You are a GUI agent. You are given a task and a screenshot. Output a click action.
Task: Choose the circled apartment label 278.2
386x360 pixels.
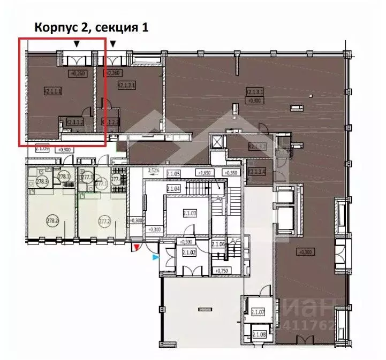click(52, 219)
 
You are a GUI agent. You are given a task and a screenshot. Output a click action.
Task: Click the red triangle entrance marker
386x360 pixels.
click(137, 247)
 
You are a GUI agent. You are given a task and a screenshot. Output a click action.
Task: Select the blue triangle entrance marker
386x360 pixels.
click(156, 257)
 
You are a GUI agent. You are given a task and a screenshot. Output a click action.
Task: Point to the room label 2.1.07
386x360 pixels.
click(259, 312)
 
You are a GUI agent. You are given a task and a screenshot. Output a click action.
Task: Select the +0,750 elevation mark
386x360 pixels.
click(221, 271)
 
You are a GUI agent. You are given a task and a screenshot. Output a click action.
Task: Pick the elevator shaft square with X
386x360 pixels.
click(217, 143)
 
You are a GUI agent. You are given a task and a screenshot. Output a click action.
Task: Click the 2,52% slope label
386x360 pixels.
click(154, 171)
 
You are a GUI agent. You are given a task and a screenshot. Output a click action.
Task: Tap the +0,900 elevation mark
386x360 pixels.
click(65, 150)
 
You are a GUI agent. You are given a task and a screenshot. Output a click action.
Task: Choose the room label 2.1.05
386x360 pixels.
click(173, 173)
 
